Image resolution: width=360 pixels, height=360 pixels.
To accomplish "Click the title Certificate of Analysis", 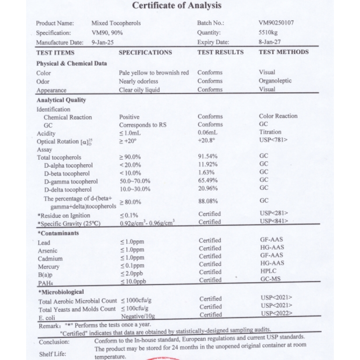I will (x=176, y=6).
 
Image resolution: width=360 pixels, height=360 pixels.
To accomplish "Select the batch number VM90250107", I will (x=276, y=22).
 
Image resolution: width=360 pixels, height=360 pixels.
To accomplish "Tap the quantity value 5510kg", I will (x=268, y=32).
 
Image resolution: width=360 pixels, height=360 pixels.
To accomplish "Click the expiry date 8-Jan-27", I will (x=270, y=42).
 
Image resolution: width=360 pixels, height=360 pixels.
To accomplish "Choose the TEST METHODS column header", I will (x=283, y=52).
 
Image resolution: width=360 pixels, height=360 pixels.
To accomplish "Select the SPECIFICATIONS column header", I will (x=145, y=52).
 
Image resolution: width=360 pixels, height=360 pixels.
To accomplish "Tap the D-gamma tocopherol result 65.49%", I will (x=207, y=181).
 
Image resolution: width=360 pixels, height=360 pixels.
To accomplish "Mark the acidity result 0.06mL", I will (x=207, y=133).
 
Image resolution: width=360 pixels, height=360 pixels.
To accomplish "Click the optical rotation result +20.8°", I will (x=207, y=140).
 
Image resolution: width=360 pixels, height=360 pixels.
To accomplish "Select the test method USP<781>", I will (x=273, y=140).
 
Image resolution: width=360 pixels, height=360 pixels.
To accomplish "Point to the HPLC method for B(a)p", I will (x=269, y=272).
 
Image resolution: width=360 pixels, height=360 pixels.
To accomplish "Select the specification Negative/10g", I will (x=139, y=317).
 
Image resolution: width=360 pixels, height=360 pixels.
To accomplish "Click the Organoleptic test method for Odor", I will (x=275, y=81).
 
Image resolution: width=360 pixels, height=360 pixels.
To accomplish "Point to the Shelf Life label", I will (x=53, y=353).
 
